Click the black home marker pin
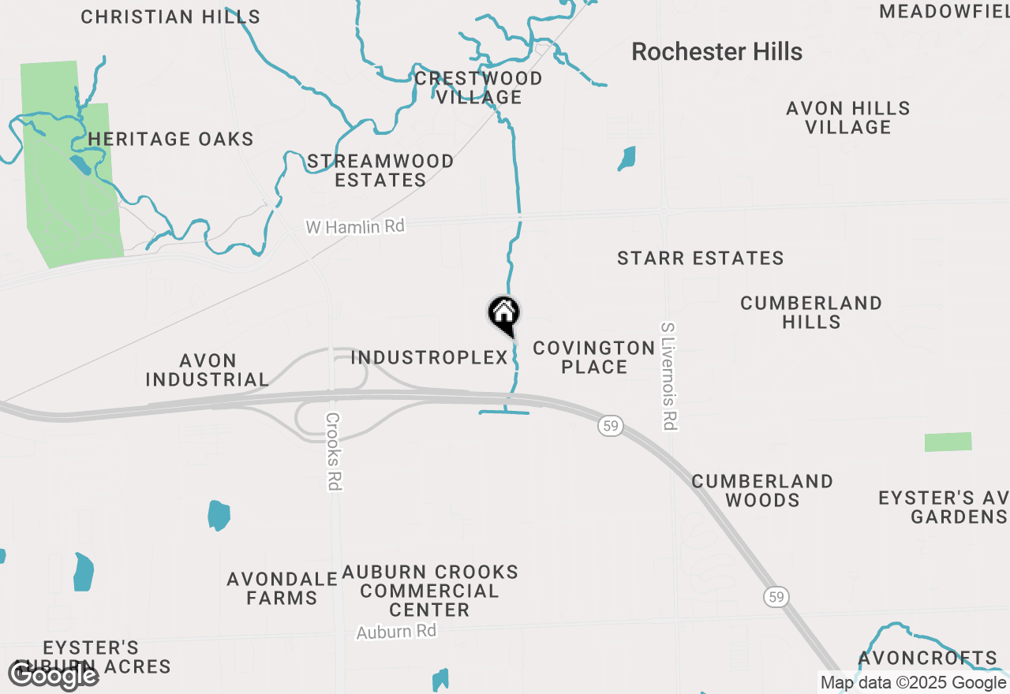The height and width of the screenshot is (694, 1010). pyautogui.click(x=503, y=314)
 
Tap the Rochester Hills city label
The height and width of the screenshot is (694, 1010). pyautogui.click(x=716, y=52)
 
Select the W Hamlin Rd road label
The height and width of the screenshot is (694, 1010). pyautogui.click(x=355, y=227)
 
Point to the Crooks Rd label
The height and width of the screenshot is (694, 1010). pyautogui.click(x=333, y=452)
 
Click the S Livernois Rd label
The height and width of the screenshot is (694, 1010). pyautogui.click(x=668, y=376)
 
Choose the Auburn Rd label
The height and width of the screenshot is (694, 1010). pyautogui.click(x=396, y=632)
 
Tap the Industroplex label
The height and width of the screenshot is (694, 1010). pyautogui.click(x=429, y=357)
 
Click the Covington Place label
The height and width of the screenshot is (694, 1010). pyautogui.click(x=594, y=357)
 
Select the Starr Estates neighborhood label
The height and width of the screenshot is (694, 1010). pyautogui.click(x=700, y=258)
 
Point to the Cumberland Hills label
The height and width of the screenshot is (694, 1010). pyautogui.click(x=811, y=312)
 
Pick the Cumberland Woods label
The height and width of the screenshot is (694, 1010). pyautogui.click(x=762, y=491)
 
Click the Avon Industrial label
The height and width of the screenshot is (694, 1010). pyautogui.click(x=208, y=370)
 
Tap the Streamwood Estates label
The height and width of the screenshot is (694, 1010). pyautogui.click(x=380, y=170)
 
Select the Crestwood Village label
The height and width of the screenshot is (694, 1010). pyautogui.click(x=479, y=88)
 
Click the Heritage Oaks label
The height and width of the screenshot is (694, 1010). pyautogui.click(x=170, y=140)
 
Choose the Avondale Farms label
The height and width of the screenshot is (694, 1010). pyautogui.click(x=282, y=588)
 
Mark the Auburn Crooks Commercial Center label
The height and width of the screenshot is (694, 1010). pyautogui.click(x=430, y=591)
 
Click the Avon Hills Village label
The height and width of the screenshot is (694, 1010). pyautogui.click(x=848, y=118)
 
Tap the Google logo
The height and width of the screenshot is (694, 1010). pyautogui.click(x=54, y=675)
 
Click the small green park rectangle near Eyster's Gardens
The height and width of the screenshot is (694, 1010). pyautogui.click(x=948, y=442)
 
